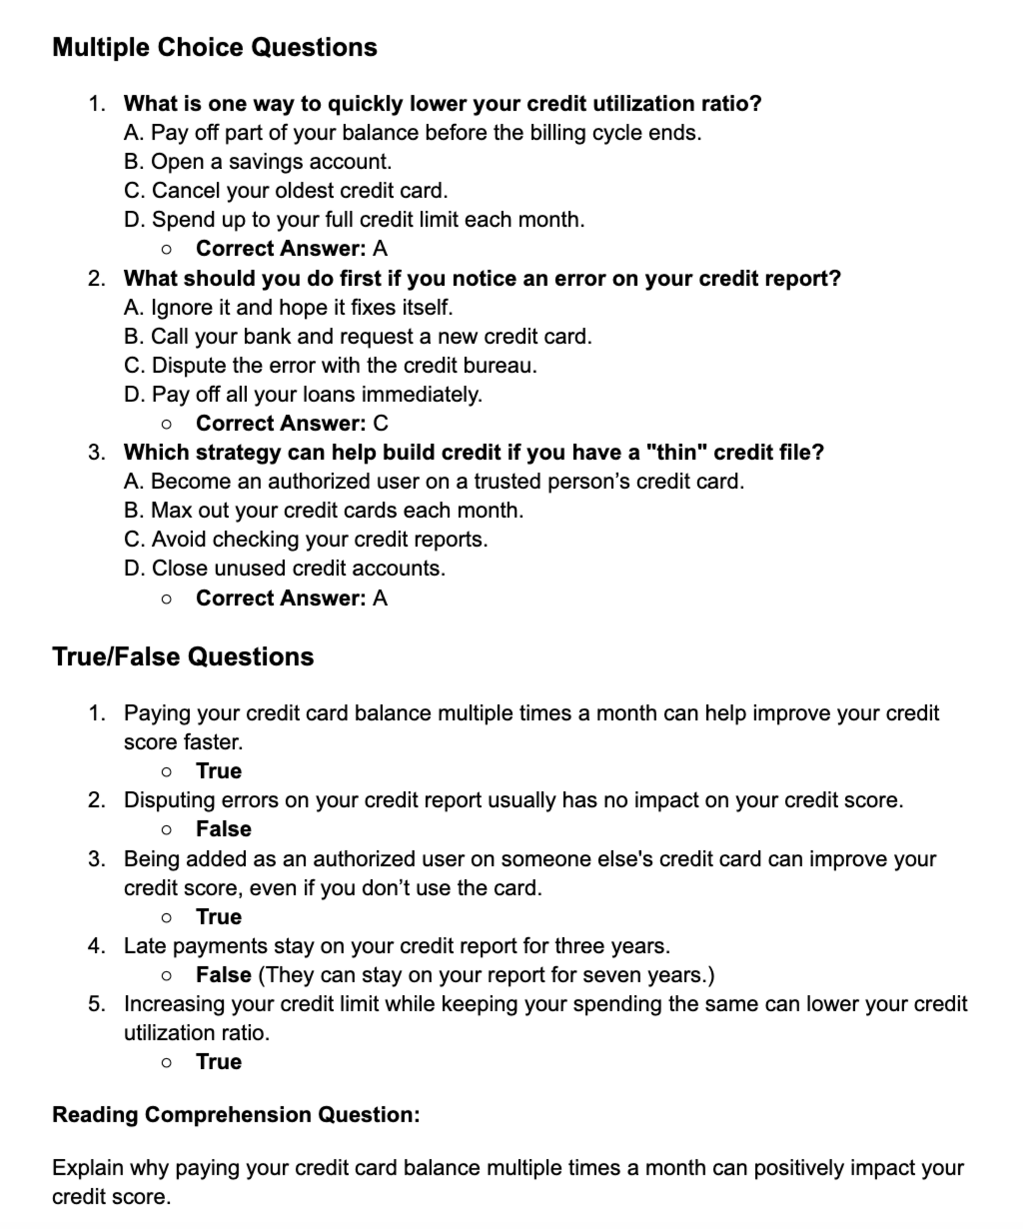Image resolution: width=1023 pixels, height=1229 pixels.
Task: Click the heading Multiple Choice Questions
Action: (214, 47)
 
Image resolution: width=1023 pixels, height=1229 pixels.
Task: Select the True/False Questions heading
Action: (182, 657)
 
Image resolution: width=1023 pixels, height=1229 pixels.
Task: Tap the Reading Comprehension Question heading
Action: (236, 1114)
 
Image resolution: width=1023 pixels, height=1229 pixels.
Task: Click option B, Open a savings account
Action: (257, 161)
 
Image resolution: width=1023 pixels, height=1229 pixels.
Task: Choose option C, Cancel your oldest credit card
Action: (286, 190)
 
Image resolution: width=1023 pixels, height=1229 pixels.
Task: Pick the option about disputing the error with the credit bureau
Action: (330, 365)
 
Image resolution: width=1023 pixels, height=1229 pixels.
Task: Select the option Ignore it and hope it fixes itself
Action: (288, 307)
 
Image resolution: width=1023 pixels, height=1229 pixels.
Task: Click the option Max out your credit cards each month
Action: (323, 510)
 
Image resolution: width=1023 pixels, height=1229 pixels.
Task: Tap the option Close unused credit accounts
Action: (284, 568)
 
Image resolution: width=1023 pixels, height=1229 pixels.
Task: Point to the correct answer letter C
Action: (380, 424)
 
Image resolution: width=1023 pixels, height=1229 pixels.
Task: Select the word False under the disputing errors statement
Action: (223, 829)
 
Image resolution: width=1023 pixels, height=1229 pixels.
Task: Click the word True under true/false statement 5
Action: (218, 1062)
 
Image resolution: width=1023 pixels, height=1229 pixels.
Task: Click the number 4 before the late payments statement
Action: (96, 946)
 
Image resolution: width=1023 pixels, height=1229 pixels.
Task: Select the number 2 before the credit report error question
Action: (96, 278)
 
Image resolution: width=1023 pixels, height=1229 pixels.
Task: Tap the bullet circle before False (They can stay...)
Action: (167, 976)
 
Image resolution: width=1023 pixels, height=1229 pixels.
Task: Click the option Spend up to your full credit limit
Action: (354, 220)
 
